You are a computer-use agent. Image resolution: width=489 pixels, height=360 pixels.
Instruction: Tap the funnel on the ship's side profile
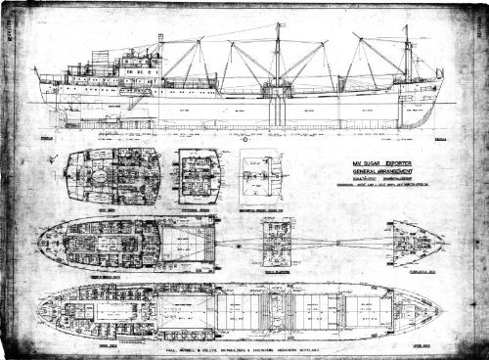click(x=160, y=46)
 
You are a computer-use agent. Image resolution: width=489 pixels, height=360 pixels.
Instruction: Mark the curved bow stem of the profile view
click(x=436, y=103)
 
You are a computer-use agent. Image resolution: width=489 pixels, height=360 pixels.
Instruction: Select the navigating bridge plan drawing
click(x=200, y=175)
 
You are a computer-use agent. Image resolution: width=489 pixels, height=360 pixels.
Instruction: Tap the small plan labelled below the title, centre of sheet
click(x=277, y=242)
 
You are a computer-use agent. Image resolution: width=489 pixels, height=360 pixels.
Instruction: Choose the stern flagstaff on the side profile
click(x=35, y=74)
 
